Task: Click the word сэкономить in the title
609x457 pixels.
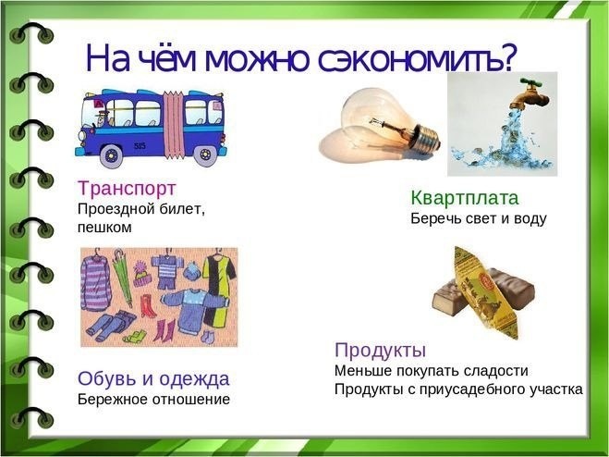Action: coord(415,59)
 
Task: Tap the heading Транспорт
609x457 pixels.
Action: coord(127,189)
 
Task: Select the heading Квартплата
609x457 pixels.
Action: coord(465,198)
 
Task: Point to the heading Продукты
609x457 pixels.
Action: coord(380,351)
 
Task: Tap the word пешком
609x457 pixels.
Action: coord(104,228)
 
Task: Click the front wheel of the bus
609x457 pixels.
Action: coord(111,155)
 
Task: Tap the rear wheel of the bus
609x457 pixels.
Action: coord(205,155)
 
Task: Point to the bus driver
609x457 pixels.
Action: coord(101,118)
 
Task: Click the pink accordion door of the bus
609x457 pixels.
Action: coord(173,125)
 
